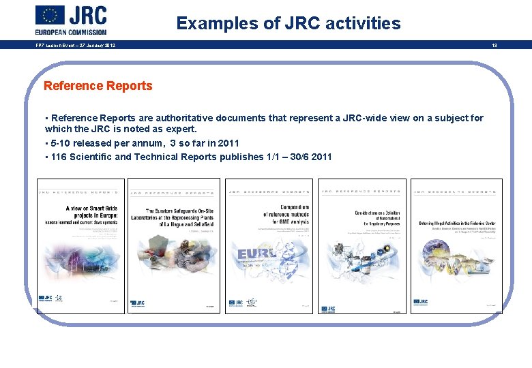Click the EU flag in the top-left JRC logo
[x=50, y=15]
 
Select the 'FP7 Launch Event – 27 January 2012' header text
[x=75, y=46]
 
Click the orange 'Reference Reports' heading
[x=98, y=86]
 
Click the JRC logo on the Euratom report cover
[x=137, y=303]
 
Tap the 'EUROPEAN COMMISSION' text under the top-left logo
[x=71, y=31]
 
